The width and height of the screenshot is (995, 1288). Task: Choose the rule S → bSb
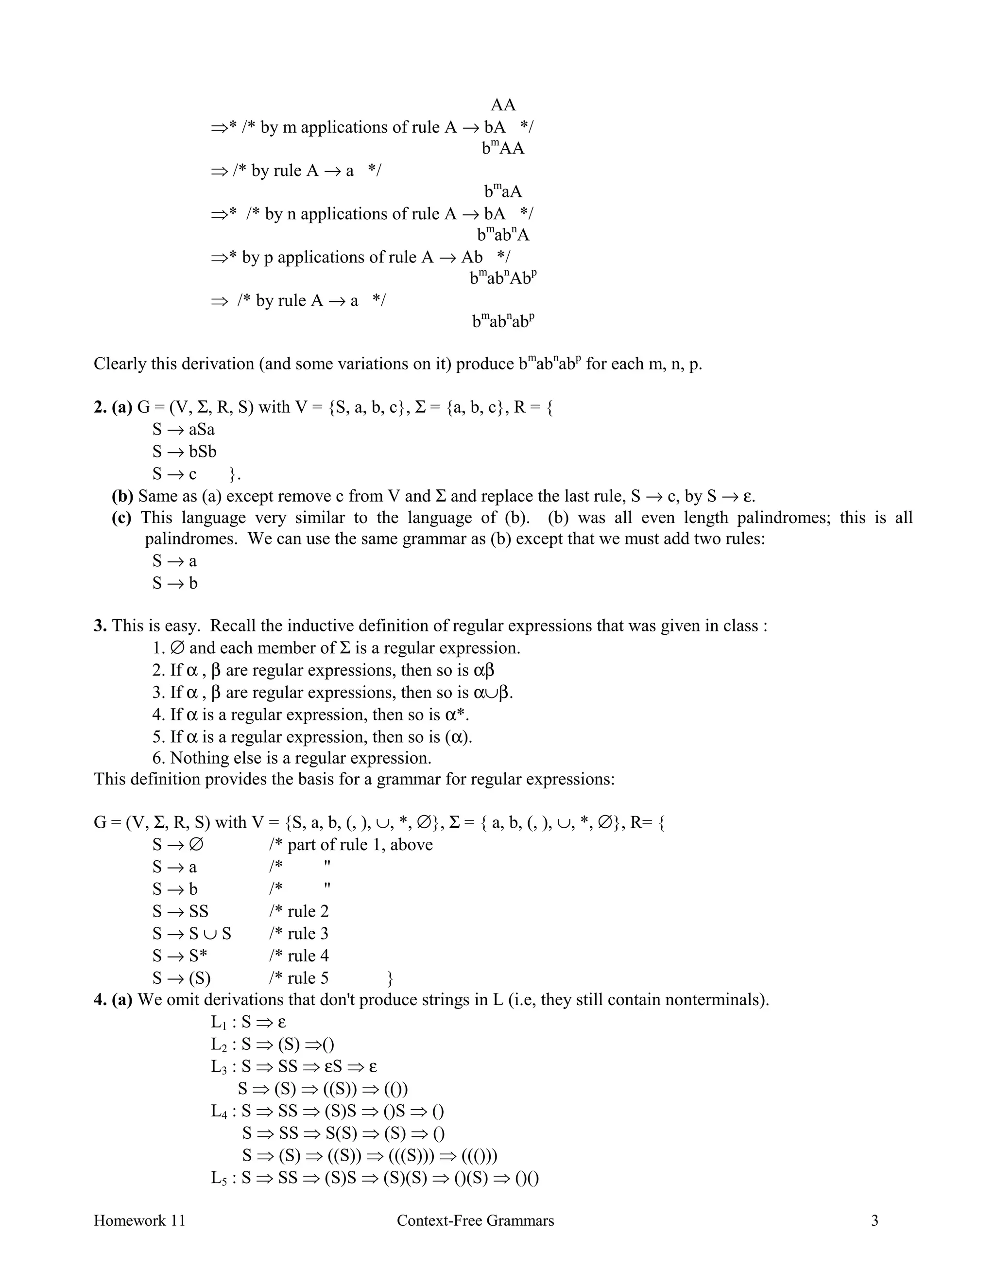coord(184,452)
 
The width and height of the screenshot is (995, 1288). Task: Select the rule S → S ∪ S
coord(191,934)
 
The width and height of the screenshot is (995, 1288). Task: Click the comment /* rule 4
coord(298,956)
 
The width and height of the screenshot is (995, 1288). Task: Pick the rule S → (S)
coord(182,978)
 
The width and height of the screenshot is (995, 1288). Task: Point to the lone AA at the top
coord(503,105)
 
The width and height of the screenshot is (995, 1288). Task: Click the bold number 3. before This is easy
coord(100,626)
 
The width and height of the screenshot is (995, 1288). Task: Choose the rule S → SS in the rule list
coord(180,911)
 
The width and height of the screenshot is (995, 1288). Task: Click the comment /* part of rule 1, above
coord(350,845)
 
